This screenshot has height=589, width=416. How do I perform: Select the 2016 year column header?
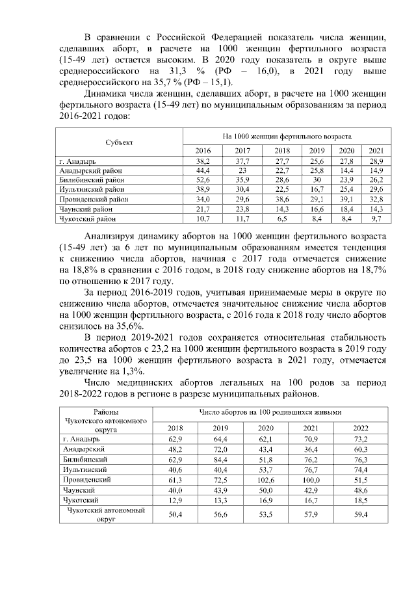203,150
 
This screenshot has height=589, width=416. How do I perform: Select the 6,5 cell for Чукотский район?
281,220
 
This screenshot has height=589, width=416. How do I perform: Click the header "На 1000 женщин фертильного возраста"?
287,137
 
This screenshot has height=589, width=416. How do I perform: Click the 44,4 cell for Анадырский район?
203,169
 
